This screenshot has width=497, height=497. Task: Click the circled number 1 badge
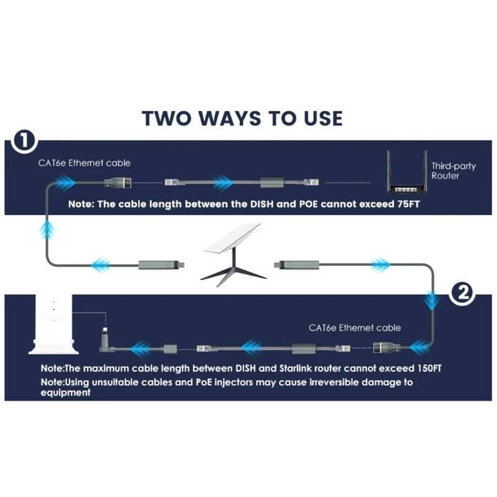click(23, 141)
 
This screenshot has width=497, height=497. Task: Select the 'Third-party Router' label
click(445, 171)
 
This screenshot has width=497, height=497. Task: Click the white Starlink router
click(51, 323)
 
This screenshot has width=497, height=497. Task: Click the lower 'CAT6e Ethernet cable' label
click(355, 327)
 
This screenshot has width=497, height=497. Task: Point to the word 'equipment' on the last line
click(66, 393)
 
